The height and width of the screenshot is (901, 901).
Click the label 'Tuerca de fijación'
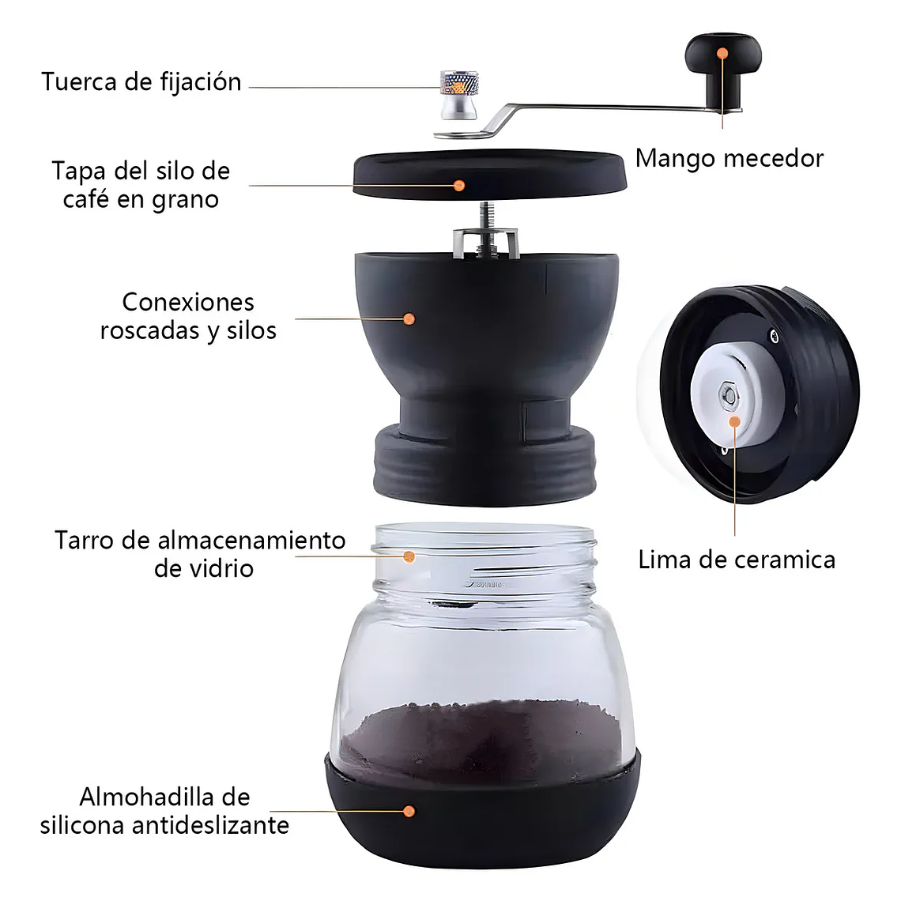[x=141, y=82]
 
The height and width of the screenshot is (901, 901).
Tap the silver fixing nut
[x=458, y=94]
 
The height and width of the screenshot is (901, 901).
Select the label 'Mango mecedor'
[x=729, y=159]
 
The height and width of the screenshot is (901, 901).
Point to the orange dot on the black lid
[x=458, y=186]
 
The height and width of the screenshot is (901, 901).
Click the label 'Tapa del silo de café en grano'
[x=141, y=185]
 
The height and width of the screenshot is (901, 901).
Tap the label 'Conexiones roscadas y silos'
[x=188, y=316]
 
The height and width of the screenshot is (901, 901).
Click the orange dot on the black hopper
[x=409, y=319]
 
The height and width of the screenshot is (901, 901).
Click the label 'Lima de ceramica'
[x=736, y=560]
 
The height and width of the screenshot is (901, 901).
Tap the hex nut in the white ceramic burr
[x=728, y=393]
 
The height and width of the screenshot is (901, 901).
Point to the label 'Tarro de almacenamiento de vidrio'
[x=201, y=554]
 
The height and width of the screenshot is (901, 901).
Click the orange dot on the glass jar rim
[x=409, y=556]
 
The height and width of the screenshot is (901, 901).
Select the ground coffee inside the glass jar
[x=482, y=735]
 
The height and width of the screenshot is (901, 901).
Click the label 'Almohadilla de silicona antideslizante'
[x=164, y=811]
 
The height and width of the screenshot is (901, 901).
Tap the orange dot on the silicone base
[x=409, y=811]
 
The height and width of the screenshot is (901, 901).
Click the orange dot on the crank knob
[x=722, y=53]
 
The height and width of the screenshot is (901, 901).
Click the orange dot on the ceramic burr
[x=735, y=422]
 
